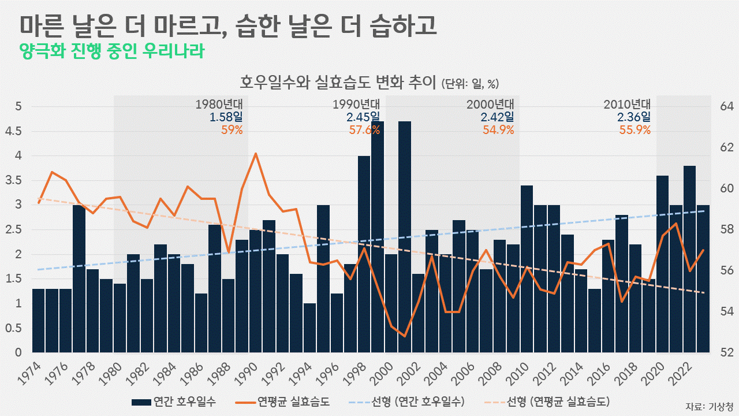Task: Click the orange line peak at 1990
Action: pos(255,154)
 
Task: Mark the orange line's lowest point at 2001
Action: pos(405,336)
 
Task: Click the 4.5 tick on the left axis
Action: pos(18,131)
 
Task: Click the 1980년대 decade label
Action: pos(219,105)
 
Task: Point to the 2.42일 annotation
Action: pos(497,117)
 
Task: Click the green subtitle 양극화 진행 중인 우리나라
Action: pos(112,51)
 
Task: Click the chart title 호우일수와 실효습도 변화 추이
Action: pos(338,82)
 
